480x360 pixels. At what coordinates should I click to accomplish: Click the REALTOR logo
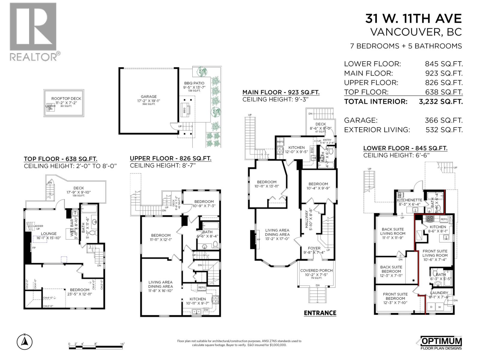pyautogui.click(x=33, y=31)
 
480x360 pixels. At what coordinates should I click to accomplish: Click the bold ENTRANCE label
pyautogui.click(x=320, y=313)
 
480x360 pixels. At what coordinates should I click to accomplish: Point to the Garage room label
pyautogui.click(x=149, y=97)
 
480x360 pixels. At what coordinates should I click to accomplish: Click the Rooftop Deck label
pyautogui.click(x=66, y=98)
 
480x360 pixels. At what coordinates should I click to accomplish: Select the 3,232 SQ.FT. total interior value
pyautogui.click(x=440, y=101)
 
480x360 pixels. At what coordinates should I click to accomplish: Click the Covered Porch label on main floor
pyautogui.click(x=316, y=270)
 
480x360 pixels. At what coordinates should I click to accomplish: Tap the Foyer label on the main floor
pyautogui.click(x=314, y=248)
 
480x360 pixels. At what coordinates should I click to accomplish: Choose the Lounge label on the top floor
pyautogui.click(x=49, y=233)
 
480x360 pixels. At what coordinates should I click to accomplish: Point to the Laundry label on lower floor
pyautogui.click(x=439, y=293)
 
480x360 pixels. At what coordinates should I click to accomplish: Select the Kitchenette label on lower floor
pyautogui.click(x=409, y=200)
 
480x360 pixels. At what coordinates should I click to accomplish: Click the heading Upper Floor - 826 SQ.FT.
pyautogui.click(x=170, y=158)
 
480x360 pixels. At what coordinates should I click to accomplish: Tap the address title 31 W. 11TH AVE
pyautogui.click(x=413, y=19)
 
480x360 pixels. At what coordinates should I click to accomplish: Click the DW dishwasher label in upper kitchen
pyautogui.click(x=206, y=310)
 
